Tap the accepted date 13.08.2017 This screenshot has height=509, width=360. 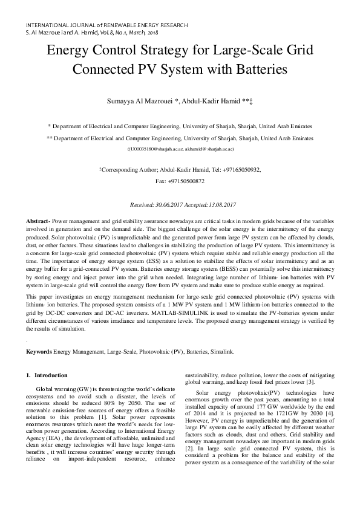220,206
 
